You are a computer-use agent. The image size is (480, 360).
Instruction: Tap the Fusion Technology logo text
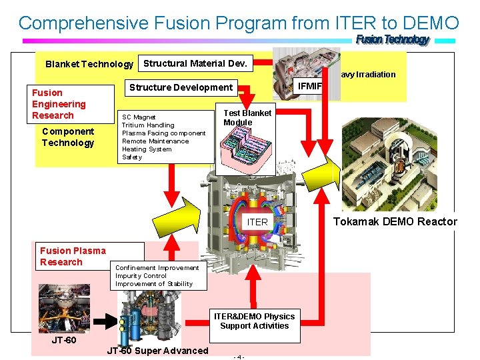click(x=393, y=40)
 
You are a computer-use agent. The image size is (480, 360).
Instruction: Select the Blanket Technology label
click(x=89, y=64)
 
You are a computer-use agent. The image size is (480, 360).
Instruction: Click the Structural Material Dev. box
click(x=195, y=63)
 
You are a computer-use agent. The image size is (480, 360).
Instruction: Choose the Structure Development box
click(x=181, y=87)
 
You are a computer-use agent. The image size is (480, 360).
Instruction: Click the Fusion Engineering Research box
click(x=59, y=104)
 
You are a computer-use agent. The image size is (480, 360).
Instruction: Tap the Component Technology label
click(x=68, y=137)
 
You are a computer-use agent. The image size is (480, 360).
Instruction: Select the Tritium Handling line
click(x=148, y=125)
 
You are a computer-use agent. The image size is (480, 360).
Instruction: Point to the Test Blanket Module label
click(x=247, y=117)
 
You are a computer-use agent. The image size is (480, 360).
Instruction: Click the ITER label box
click(x=257, y=222)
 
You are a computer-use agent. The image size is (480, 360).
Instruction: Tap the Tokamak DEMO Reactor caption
click(x=395, y=221)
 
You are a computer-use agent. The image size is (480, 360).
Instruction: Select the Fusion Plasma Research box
click(x=72, y=256)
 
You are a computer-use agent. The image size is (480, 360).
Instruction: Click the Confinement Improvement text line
click(x=157, y=268)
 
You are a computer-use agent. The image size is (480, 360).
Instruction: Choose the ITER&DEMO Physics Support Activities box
click(x=254, y=321)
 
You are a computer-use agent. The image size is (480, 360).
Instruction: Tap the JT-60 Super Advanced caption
click(x=157, y=351)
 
